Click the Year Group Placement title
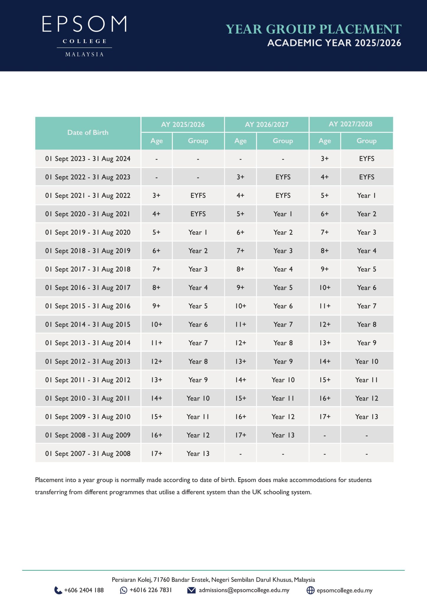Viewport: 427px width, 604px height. pos(313,29)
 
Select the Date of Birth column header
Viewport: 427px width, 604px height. pos(88,133)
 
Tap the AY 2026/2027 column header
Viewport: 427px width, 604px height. pos(267,124)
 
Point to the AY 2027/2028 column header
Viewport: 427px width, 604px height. pos(351,124)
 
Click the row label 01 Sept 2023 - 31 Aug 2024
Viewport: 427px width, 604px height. pos(88,159)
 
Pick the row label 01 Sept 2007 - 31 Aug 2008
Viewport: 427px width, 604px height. pos(88,454)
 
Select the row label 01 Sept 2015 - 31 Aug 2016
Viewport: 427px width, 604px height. pos(88,306)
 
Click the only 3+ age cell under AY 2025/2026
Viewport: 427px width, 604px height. pos(156,196)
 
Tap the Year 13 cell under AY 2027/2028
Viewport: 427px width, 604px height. pos(367,417)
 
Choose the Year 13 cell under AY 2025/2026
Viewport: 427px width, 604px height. pos(198,454)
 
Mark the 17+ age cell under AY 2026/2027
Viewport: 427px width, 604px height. pos(240,435)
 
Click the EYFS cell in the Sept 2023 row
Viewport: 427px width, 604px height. pos(367,159)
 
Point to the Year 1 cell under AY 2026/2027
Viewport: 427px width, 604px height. pos(283,214)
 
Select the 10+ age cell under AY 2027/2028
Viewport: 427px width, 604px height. pos(325,288)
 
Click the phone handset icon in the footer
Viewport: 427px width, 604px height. pos(58,590)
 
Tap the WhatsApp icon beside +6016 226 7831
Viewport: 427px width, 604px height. pos(124,590)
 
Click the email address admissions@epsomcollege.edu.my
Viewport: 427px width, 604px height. pos(244,590)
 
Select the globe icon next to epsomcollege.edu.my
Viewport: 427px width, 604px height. pos(311,590)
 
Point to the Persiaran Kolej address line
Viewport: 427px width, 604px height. pos(213,580)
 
